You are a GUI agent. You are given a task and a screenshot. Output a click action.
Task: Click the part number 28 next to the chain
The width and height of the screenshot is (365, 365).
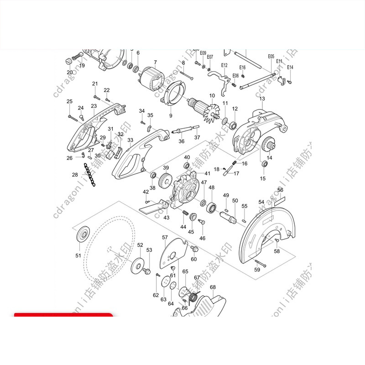pos(75,175)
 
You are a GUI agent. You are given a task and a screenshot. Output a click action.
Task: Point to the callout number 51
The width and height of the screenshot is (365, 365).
pos(78,255)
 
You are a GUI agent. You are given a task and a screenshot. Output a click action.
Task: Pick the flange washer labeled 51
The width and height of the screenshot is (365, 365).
pos(83,233)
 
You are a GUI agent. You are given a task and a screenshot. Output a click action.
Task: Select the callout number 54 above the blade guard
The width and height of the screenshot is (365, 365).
pos(261,202)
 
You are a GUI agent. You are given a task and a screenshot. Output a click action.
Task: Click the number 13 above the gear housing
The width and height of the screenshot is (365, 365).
pos(262,99)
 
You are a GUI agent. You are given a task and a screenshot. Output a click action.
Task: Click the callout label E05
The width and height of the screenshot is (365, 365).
pos(271,57)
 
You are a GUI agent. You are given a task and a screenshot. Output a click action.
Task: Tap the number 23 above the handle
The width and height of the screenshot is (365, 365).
pos(94,106)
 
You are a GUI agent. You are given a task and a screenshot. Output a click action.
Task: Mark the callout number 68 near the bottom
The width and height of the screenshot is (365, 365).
pos(213,287)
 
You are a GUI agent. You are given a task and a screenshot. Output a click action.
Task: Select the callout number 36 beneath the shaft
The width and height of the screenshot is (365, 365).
pos(181,141)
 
